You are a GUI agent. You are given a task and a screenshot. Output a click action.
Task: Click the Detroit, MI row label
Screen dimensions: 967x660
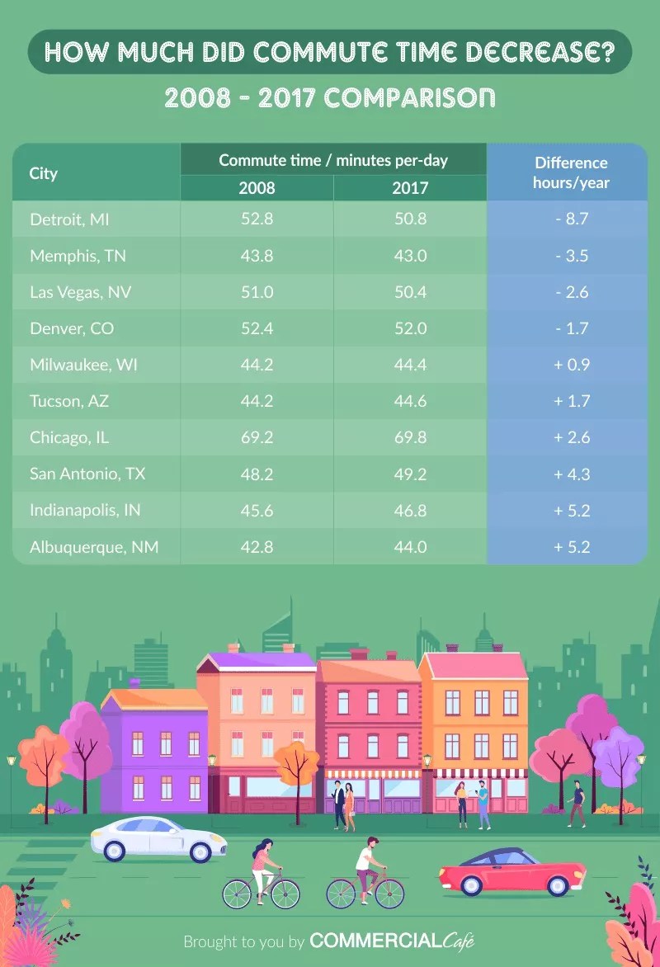pyautogui.click(x=69, y=219)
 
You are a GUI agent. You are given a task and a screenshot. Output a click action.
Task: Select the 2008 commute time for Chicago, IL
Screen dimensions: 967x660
pyautogui.click(x=257, y=437)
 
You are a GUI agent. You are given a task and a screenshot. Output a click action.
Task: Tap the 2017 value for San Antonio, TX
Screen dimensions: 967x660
pyautogui.click(x=410, y=474)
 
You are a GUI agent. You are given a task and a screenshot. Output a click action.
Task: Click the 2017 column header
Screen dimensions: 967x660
pyautogui.click(x=410, y=187)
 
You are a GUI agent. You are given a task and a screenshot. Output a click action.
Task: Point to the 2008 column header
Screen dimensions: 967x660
pyautogui.click(x=257, y=187)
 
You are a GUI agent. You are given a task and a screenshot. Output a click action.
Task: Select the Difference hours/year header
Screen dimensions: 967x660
pyautogui.click(x=571, y=172)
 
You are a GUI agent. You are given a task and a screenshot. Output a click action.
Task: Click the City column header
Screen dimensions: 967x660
pyautogui.click(x=44, y=173)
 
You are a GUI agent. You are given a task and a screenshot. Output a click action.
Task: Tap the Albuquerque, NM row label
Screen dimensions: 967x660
pyautogui.click(x=94, y=546)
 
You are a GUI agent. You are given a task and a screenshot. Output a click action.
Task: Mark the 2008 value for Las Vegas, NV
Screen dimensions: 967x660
pyautogui.click(x=257, y=292)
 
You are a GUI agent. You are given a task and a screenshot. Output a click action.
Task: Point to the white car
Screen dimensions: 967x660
pyautogui.click(x=158, y=838)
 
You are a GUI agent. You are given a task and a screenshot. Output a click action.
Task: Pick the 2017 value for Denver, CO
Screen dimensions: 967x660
pyautogui.click(x=410, y=328)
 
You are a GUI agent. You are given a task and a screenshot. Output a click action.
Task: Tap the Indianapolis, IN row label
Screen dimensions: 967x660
pyautogui.click(x=85, y=510)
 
